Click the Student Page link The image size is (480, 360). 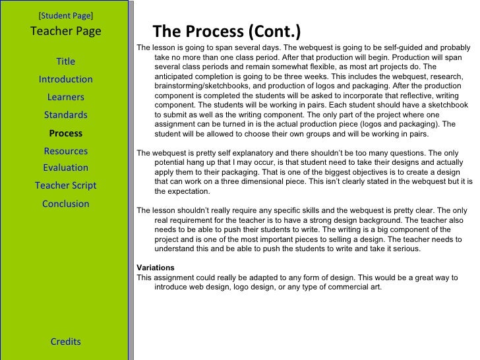coord(66,14)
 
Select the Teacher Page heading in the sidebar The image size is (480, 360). coord(66,31)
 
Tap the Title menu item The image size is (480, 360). coord(66,62)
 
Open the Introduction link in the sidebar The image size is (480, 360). coord(66,80)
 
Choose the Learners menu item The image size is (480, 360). coord(66,98)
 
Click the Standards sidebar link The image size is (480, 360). coord(66,115)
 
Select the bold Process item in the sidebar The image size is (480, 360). coord(66,133)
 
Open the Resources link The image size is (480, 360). coord(66,151)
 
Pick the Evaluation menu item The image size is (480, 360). coord(66,167)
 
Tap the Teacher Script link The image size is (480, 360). coord(66,185)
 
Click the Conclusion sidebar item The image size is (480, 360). coord(66,204)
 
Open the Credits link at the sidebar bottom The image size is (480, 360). coord(66,342)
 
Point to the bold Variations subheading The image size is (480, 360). coord(155,268)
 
